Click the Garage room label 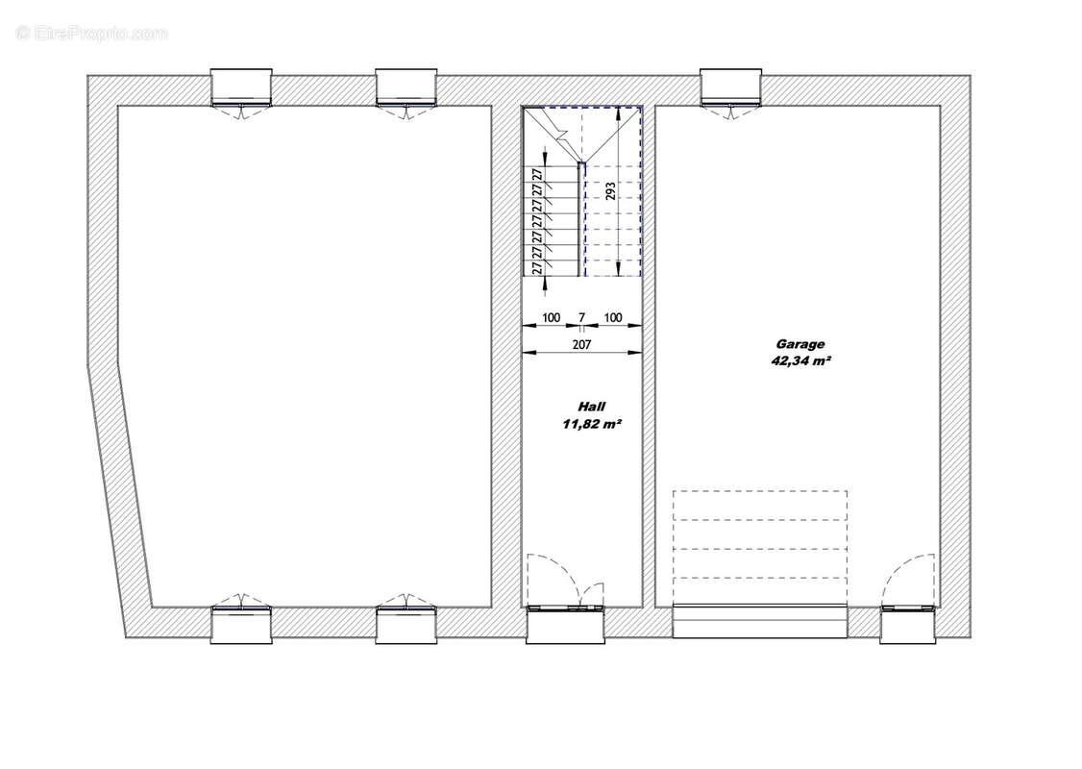tap(800, 343)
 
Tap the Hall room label tap(591, 407)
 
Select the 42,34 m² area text tap(800, 361)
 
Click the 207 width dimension tap(581, 344)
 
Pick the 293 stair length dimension tap(609, 190)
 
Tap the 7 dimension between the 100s tap(581, 317)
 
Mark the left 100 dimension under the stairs tap(551, 317)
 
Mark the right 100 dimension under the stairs tap(612, 317)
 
